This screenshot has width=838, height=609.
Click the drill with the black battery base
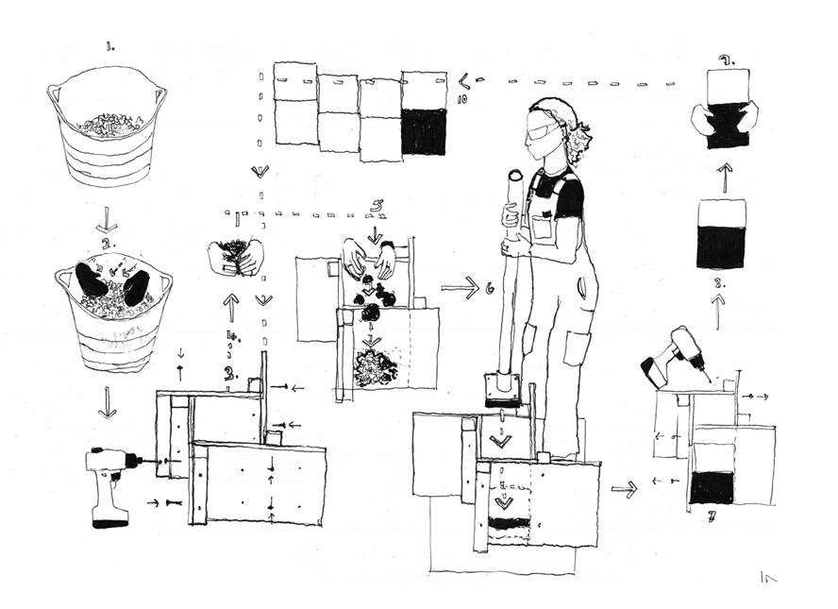[110, 483]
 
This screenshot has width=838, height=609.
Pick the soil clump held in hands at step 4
[235, 255]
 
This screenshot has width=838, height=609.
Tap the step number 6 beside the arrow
[490, 289]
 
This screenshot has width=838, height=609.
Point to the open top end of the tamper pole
[514, 176]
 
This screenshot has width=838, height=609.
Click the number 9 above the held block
[725, 60]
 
